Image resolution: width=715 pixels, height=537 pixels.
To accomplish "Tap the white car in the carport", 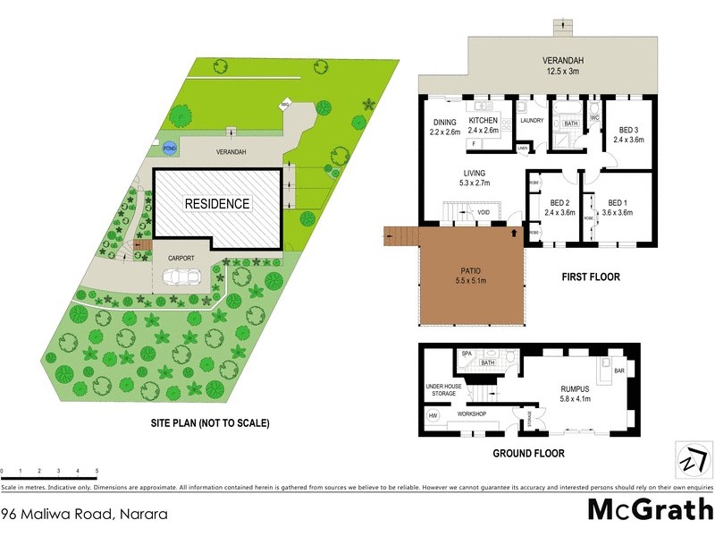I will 181,277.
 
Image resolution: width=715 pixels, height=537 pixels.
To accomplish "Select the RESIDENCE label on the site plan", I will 217,204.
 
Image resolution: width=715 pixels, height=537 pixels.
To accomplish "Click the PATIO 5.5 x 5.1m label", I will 470,277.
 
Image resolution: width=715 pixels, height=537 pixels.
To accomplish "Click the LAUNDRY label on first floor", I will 533,120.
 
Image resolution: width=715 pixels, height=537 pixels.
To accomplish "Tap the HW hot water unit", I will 434,416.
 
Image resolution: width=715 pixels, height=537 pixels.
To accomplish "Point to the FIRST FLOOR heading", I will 590,277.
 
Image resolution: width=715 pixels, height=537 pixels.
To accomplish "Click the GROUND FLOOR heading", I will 528,454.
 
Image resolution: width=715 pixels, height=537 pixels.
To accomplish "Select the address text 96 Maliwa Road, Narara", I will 84,514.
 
